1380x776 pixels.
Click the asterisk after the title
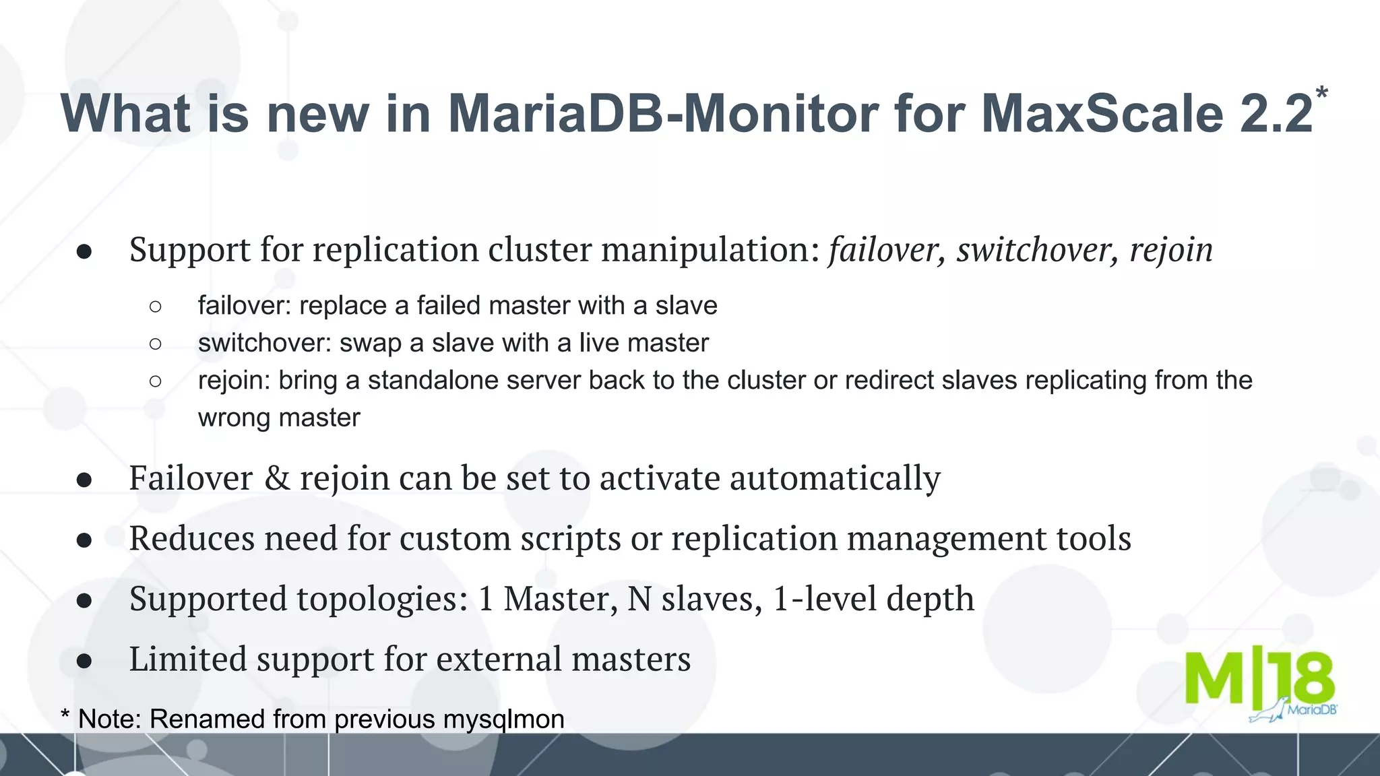[x=1321, y=94]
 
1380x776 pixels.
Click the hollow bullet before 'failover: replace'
[x=156, y=306]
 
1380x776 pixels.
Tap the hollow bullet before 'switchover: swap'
[x=156, y=344]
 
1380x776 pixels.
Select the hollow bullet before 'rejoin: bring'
[x=156, y=381]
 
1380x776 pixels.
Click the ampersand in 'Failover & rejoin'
[x=277, y=478]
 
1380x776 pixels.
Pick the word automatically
[x=835, y=478]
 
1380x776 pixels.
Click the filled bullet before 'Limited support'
[x=84, y=661]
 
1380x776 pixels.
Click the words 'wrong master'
[x=279, y=418]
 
